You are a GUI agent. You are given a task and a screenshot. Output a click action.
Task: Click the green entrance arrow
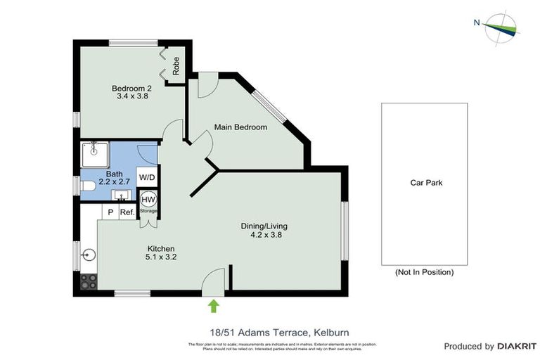pos(214,304)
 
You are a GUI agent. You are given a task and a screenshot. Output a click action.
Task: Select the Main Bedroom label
pos(240,127)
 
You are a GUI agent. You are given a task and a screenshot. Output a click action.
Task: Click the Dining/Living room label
pos(264,231)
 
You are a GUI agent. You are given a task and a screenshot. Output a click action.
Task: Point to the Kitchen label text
pos(160,253)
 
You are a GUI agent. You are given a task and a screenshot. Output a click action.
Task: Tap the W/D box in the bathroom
pos(147,178)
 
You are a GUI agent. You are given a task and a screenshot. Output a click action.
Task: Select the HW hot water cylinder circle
pos(148,199)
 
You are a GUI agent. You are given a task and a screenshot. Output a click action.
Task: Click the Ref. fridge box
pos(127,212)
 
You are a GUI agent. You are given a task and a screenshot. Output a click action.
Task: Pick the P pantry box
pos(110,212)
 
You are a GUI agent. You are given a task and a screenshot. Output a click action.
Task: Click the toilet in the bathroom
pos(88,186)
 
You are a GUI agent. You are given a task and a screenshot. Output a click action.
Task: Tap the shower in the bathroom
pos(94,153)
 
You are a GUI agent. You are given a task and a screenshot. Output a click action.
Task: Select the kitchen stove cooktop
pos(89,281)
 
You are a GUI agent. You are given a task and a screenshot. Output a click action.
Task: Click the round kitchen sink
pos(89,255)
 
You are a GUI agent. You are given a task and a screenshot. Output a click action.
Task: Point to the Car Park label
pos(426,183)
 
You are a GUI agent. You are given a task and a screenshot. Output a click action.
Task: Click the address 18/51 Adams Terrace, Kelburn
pos(274,332)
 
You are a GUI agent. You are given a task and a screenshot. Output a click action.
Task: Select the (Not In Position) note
pos(425,272)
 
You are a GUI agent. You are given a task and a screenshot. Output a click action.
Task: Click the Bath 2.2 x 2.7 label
pos(114,177)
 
